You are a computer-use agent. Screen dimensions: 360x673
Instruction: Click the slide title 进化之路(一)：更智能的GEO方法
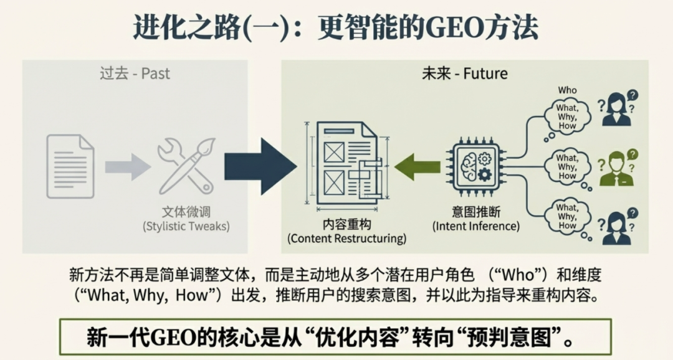(x=336, y=27)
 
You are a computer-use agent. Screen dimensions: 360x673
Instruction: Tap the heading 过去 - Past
(x=135, y=73)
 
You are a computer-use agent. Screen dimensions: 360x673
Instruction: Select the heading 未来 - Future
(x=464, y=73)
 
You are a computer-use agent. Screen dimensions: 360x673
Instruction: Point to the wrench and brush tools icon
(x=186, y=165)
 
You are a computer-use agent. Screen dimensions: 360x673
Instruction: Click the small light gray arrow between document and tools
(x=127, y=166)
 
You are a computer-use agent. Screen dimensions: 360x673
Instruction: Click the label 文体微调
(x=186, y=211)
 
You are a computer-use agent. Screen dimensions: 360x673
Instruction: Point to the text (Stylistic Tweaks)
(x=186, y=225)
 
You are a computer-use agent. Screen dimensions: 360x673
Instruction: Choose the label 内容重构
(x=346, y=224)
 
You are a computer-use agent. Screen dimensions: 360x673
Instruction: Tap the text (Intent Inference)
(x=476, y=225)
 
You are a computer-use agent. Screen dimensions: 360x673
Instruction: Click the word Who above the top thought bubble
(x=567, y=90)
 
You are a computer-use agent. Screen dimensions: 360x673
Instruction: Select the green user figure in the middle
(x=616, y=169)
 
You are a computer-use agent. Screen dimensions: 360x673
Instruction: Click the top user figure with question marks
(x=616, y=109)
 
